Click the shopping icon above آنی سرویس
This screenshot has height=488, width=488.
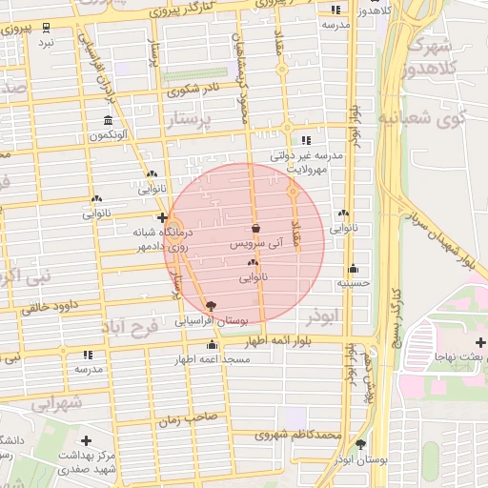click(x=257, y=229)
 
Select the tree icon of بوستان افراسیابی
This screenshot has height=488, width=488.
click(x=211, y=307)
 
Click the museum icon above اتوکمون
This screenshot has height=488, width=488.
click(x=107, y=121)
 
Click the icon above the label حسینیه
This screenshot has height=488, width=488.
click(x=354, y=268)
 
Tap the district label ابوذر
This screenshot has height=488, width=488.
click(x=324, y=314)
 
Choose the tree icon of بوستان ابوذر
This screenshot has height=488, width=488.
click(x=360, y=444)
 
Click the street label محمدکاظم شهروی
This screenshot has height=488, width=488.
click(x=298, y=435)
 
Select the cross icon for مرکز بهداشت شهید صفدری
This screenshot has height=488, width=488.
click(x=88, y=440)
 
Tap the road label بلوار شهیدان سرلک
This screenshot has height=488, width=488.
click(x=434, y=229)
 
